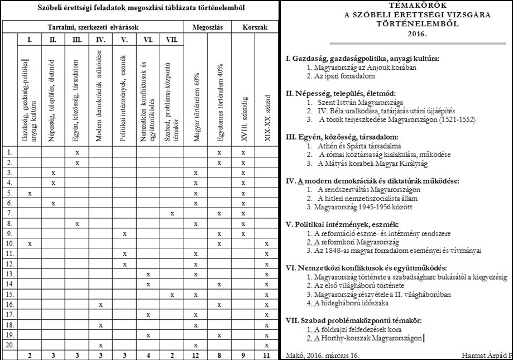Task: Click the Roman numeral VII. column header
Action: point(172,40)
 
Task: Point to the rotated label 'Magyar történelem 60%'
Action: point(195,112)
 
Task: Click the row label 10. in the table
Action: point(8,244)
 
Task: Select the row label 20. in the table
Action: point(8,345)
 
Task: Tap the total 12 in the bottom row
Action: point(195,355)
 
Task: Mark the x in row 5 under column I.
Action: point(29,193)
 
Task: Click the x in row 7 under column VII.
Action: point(172,213)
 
